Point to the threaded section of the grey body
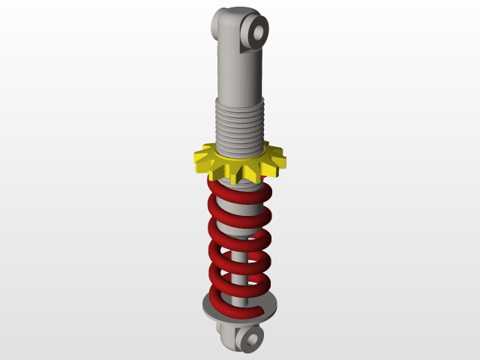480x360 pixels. (240, 124)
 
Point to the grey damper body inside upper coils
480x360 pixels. (238, 217)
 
